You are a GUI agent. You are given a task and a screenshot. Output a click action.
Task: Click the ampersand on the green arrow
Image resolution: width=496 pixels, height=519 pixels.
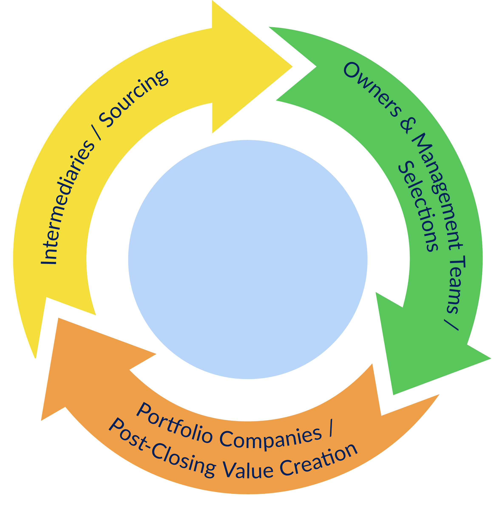point(407,126)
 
